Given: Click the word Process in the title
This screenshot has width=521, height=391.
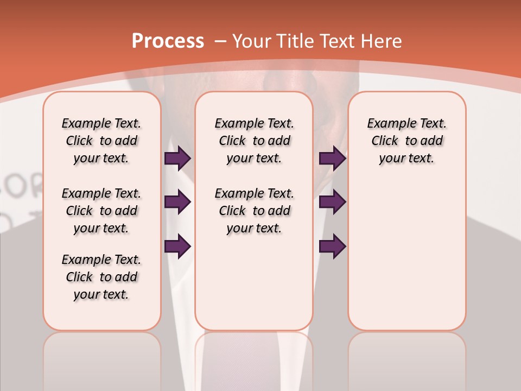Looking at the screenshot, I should tap(168, 41).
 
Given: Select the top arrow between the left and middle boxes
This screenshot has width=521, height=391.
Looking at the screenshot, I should tap(177, 159).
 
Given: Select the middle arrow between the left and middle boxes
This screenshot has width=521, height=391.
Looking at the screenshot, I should tap(177, 202).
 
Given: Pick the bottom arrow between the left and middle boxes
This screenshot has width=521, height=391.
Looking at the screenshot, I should tap(177, 246).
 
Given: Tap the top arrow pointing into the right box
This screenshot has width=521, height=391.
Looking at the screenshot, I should tap(332, 159).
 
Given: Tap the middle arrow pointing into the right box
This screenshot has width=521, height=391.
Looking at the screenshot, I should tap(332, 202).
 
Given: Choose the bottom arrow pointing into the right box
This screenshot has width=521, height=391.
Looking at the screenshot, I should tap(332, 246).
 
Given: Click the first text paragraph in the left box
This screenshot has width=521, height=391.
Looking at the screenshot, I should tap(101, 141).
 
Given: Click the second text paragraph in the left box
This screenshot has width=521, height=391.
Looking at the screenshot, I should tap(101, 211).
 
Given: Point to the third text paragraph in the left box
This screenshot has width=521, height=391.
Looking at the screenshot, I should tap(101, 277).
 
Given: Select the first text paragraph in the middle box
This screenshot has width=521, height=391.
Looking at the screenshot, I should tap(254, 141).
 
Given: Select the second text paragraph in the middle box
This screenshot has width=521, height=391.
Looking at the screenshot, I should tap(254, 211).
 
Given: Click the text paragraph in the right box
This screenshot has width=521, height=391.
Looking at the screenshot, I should tap(406, 141).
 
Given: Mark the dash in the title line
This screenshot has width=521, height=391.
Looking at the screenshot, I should tap(220, 41).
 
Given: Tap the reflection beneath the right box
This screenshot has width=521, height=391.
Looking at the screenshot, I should tap(406, 358).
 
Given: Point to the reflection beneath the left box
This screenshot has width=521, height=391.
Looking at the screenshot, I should tap(101, 358).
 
